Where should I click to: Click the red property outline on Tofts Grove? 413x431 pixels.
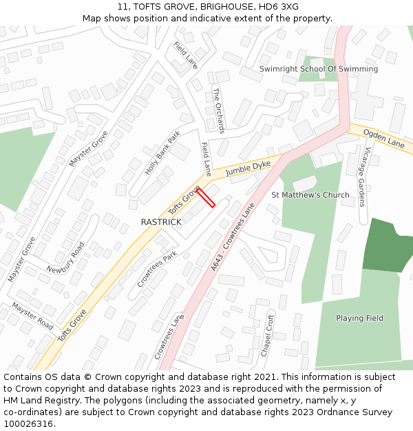point(206,197)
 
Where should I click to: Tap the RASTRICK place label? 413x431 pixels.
point(161,222)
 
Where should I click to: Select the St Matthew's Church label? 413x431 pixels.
point(310,195)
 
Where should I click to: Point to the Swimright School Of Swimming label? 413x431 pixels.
point(319,69)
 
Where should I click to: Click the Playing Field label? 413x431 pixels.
point(359,318)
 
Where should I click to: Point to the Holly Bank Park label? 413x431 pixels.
point(162,152)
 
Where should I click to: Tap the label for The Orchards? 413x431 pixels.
point(218,110)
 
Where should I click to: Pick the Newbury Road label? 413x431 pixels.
point(66,257)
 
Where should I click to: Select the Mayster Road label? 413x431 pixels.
point(32,314)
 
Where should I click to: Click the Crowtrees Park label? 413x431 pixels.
point(157,269)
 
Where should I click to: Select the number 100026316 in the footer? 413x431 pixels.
point(28,424)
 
